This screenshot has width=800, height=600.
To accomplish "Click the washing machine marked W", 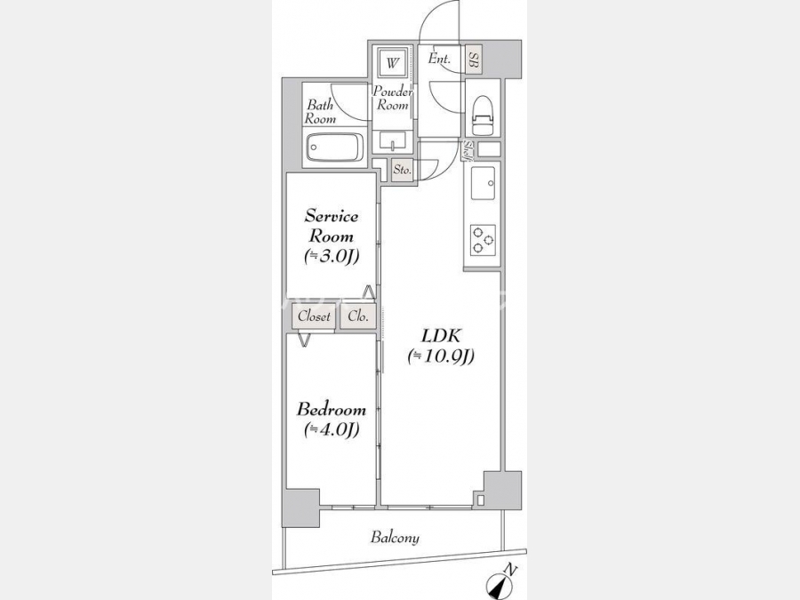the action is pos(392,64).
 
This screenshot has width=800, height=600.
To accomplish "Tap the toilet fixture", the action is pos(484,115).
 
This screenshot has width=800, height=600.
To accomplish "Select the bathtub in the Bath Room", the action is pos(335,148).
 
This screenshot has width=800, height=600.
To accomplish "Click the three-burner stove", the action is pos(483,239).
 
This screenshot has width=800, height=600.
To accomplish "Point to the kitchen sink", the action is pos(483,183).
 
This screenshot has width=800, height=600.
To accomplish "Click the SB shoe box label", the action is pos(474,60).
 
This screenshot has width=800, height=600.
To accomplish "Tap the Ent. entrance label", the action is pos(439,59).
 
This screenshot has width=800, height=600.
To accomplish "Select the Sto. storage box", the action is pos(402,170).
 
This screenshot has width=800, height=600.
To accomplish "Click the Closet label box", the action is pos(314,316).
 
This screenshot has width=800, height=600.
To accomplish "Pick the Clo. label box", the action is pos(358,316).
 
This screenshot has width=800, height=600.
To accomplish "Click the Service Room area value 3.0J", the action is pos(332,256).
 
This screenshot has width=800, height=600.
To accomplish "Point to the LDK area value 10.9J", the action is pos(441,356).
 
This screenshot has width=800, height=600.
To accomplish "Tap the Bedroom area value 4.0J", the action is pos(332,429).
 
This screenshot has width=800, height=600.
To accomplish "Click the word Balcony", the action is pos(395,537).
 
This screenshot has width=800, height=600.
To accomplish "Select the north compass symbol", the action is pos(502,583).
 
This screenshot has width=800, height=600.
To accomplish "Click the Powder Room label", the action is pos(392,99).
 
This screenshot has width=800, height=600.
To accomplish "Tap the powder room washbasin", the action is pos(392,141).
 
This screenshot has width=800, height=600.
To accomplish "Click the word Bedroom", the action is pos(332,409).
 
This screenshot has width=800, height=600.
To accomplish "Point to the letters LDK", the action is pos(441,336).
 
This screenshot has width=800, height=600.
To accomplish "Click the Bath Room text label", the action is pos(320,112).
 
